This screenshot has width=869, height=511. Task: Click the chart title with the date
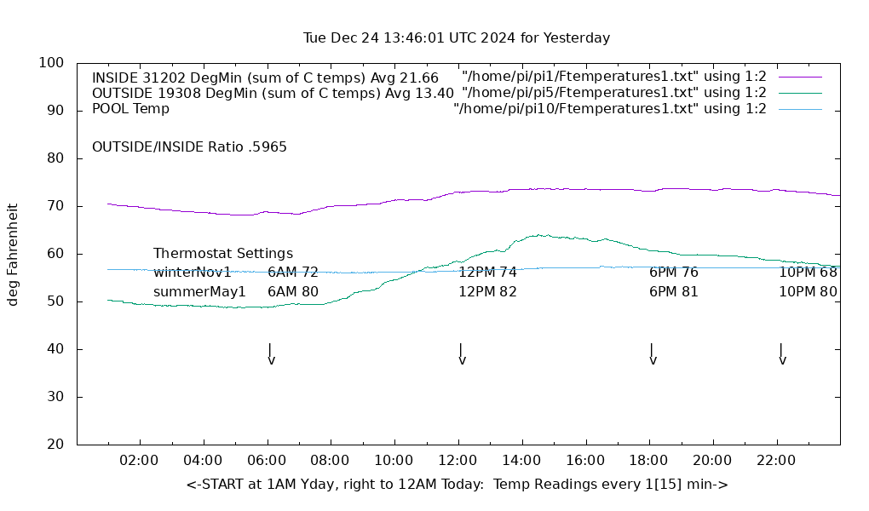(x=457, y=38)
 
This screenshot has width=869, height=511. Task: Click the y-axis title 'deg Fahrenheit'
(x=14, y=254)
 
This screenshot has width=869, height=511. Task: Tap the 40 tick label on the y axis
(x=55, y=349)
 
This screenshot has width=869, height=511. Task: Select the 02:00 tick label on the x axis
(x=139, y=461)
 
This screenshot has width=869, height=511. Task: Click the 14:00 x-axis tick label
(x=521, y=461)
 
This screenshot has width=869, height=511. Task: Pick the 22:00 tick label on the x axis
(x=776, y=461)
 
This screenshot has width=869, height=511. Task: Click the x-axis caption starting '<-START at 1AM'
(x=457, y=485)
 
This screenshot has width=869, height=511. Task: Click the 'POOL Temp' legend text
(x=130, y=109)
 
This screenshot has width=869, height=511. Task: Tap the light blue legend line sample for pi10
(x=800, y=109)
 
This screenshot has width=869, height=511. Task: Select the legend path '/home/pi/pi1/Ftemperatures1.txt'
(x=613, y=77)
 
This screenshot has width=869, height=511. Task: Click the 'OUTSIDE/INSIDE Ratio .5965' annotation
(x=189, y=147)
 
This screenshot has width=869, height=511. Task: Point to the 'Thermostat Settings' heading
(x=223, y=254)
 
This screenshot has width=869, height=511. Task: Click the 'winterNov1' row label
(x=193, y=273)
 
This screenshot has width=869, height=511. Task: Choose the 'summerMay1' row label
(x=199, y=292)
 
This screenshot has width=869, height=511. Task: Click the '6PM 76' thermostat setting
(x=673, y=273)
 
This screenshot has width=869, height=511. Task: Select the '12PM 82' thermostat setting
(x=487, y=292)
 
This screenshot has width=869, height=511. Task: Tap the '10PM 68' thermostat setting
(x=808, y=273)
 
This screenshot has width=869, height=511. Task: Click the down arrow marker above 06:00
(x=271, y=354)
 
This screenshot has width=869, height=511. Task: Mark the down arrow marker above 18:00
(x=653, y=354)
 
